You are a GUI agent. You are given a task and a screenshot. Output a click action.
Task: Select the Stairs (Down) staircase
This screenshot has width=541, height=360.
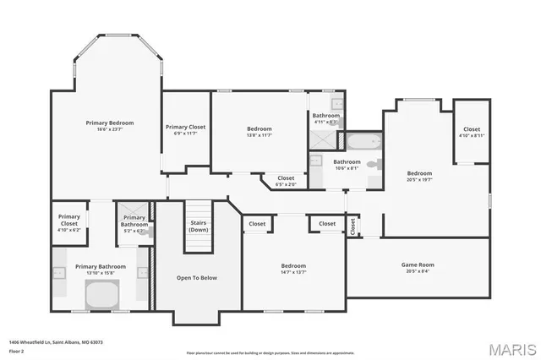[x=198, y=226]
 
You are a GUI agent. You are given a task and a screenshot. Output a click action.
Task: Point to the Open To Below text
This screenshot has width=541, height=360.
[x=197, y=277]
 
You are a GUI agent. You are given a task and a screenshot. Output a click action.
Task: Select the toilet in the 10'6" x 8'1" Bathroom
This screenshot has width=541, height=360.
[x=374, y=162]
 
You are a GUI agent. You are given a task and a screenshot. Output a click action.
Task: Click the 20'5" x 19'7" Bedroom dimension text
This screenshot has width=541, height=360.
[x=419, y=179]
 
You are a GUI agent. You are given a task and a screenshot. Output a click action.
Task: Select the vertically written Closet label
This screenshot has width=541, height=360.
[x=352, y=226]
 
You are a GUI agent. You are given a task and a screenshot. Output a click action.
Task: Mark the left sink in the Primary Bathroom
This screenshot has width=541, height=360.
[x=60, y=273]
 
